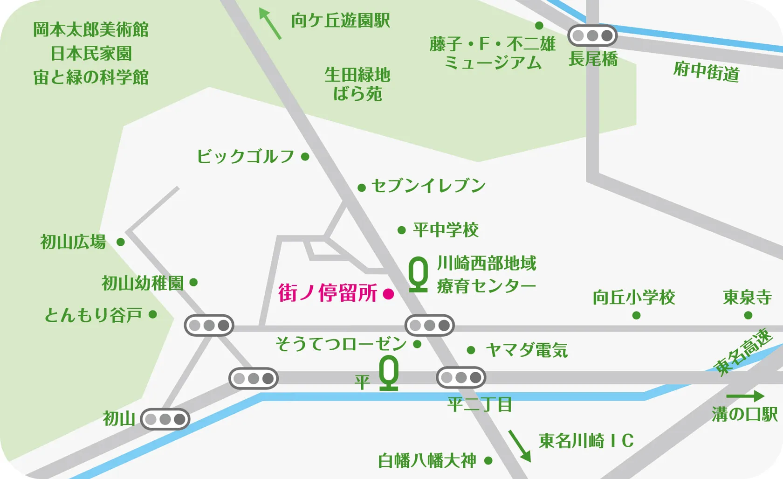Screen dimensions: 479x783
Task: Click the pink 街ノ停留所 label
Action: point(327,293)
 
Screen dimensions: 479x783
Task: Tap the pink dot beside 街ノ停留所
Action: point(388,294)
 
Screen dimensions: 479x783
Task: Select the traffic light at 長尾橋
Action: point(592,35)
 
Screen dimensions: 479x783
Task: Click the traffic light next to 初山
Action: point(165,419)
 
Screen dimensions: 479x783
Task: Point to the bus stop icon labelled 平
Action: point(389,373)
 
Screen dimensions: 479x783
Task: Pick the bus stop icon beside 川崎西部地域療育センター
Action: point(418,275)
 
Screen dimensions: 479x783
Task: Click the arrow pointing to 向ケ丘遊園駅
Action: point(270,23)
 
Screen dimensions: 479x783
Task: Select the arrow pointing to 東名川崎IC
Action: point(520,445)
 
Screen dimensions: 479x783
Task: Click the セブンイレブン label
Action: point(428,186)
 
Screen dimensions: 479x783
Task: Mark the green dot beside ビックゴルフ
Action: point(305,157)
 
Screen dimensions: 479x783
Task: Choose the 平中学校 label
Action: point(446,230)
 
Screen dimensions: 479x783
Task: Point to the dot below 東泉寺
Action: point(748,316)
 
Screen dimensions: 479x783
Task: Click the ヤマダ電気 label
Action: point(527,350)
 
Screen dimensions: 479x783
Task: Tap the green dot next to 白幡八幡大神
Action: point(488,461)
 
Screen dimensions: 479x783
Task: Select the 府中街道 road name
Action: point(706,72)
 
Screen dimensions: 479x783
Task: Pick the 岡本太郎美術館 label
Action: point(91,30)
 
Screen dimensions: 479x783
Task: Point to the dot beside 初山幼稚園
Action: point(194,282)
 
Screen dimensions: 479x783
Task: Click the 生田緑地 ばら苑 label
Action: point(357,84)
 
